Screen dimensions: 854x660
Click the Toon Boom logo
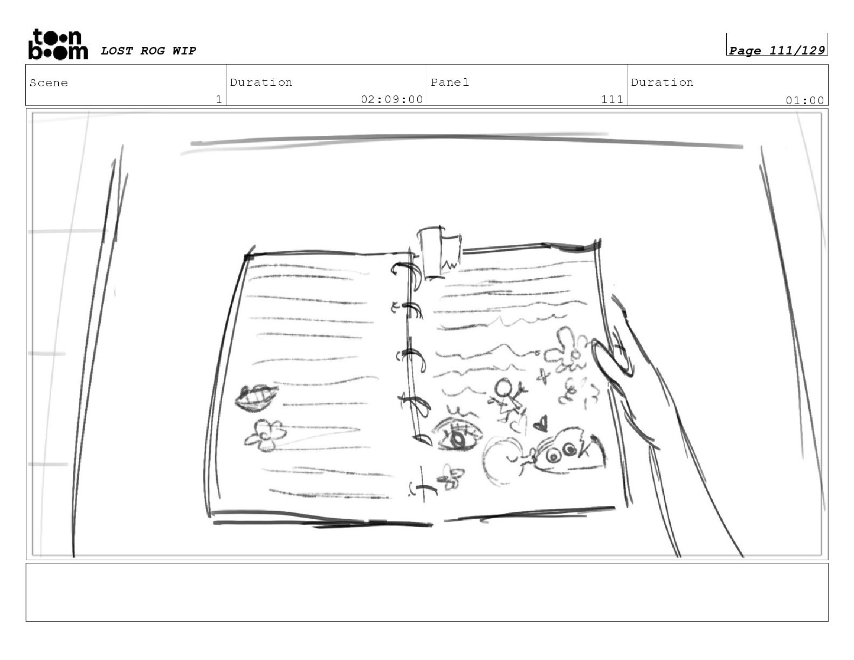[x=58, y=44]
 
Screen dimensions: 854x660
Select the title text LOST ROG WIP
[x=148, y=51]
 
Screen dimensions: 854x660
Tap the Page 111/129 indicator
[x=776, y=50]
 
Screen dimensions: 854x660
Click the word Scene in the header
[x=49, y=82]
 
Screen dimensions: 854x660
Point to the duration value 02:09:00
[x=392, y=99]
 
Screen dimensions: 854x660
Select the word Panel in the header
[x=450, y=82]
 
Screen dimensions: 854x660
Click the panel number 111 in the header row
[x=612, y=99]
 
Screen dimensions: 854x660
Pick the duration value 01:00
[x=804, y=100]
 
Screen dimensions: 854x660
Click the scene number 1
[x=219, y=99]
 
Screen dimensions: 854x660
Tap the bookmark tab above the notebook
[x=438, y=252]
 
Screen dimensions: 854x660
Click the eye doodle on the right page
[x=457, y=435]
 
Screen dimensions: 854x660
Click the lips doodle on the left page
[x=256, y=398]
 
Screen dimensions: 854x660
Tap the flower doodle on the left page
[x=266, y=435]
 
